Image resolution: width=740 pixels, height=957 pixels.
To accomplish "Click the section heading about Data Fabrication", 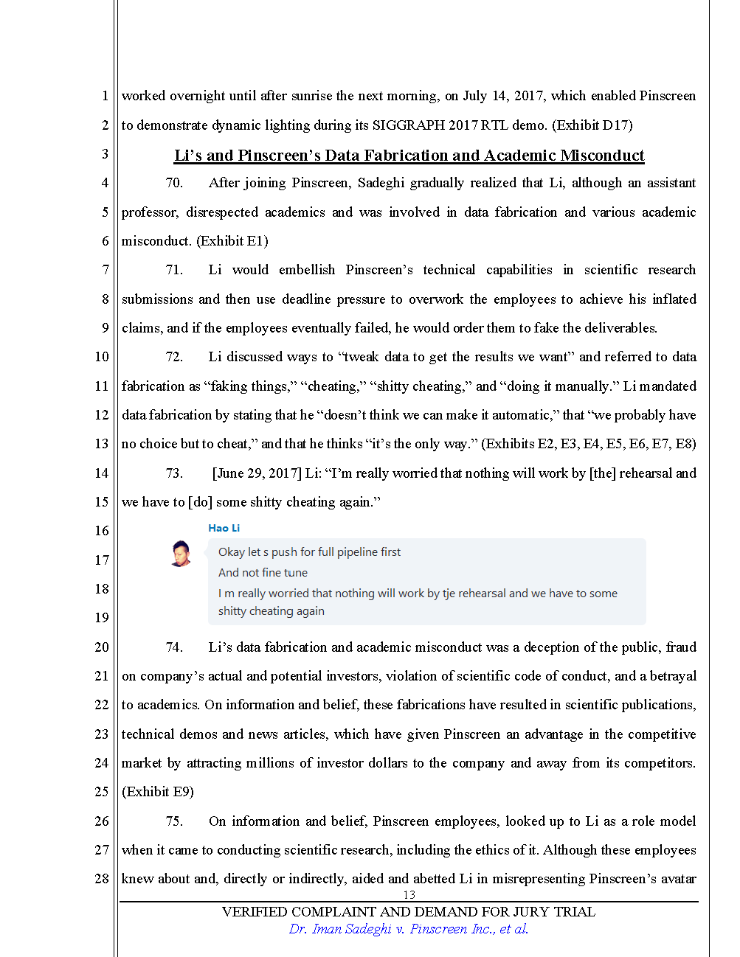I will pyautogui.click(x=409, y=156).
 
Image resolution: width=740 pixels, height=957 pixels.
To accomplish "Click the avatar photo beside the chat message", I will pyautogui.click(x=180, y=553).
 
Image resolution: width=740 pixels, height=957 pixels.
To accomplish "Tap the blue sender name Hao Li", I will pyautogui.click(x=224, y=528).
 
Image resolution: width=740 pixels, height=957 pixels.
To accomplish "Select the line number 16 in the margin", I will pyautogui.click(x=102, y=531).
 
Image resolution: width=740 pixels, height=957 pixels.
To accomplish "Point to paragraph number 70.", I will pyautogui.click(x=174, y=183).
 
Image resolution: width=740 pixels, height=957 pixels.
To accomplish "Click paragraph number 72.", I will pyautogui.click(x=174, y=357).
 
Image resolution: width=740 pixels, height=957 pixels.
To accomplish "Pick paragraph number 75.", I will pyautogui.click(x=174, y=821).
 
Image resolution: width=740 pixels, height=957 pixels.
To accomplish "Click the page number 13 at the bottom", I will pyautogui.click(x=409, y=895).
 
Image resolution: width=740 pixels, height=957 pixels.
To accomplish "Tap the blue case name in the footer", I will pyautogui.click(x=409, y=929).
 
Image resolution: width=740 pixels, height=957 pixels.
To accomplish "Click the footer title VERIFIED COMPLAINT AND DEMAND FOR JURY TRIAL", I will pyautogui.click(x=409, y=912).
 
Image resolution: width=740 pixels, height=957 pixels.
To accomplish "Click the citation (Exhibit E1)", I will pyautogui.click(x=232, y=241).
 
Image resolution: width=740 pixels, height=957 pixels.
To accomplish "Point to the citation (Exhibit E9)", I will pyautogui.click(x=158, y=792).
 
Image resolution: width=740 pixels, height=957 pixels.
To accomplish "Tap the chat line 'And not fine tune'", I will pyautogui.click(x=263, y=573).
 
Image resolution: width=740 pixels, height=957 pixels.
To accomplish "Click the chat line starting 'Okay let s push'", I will pyautogui.click(x=309, y=552).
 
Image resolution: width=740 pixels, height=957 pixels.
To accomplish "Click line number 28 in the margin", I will pyautogui.click(x=102, y=879).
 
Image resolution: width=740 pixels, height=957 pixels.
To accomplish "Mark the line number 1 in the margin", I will pyautogui.click(x=105, y=96).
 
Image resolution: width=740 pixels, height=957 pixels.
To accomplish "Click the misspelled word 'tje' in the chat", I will pyautogui.click(x=449, y=594).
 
